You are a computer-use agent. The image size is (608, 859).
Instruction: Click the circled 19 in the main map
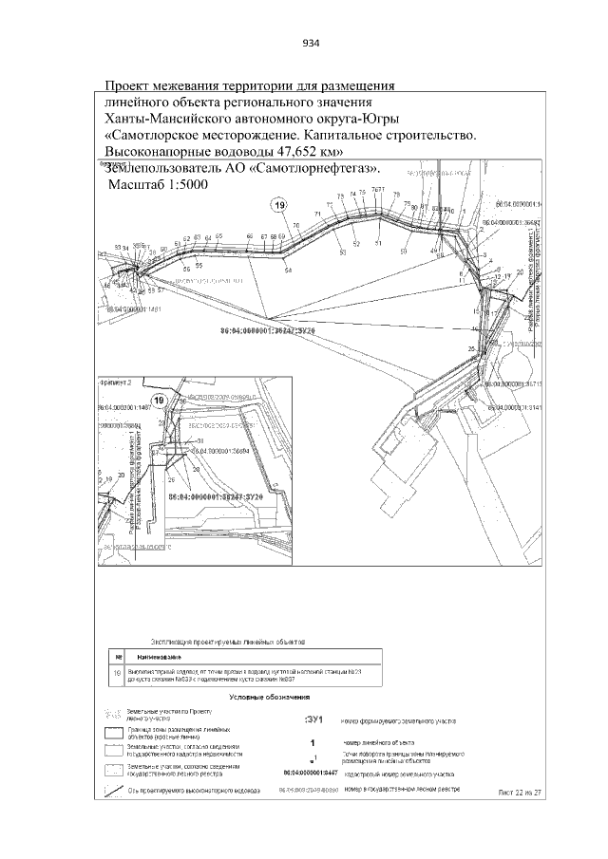pyautogui.click(x=278, y=206)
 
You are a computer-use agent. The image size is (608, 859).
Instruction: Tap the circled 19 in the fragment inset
pyautogui.click(x=159, y=401)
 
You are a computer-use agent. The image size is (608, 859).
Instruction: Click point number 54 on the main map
pyautogui.click(x=287, y=271)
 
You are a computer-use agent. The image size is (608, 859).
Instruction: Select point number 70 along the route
pyautogui.click(x=295, y=226)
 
